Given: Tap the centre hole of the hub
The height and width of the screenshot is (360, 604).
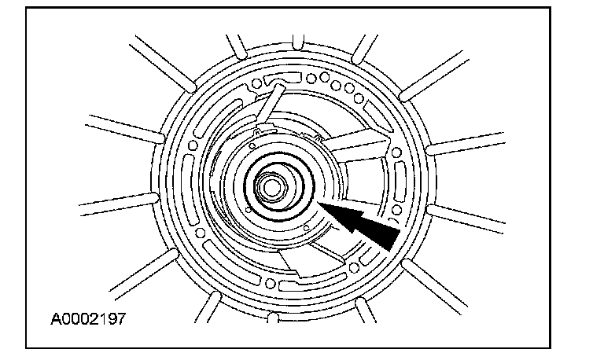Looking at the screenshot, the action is tap(271, 187).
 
